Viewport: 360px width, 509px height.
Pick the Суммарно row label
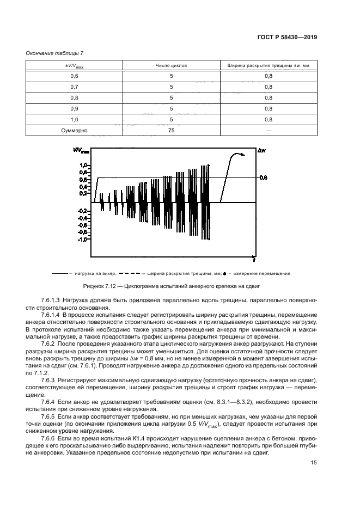[75, 131]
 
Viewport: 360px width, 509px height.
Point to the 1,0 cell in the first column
[75, 120]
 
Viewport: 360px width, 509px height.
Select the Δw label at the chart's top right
[263, 149]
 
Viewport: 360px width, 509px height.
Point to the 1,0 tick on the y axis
[83, 164]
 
